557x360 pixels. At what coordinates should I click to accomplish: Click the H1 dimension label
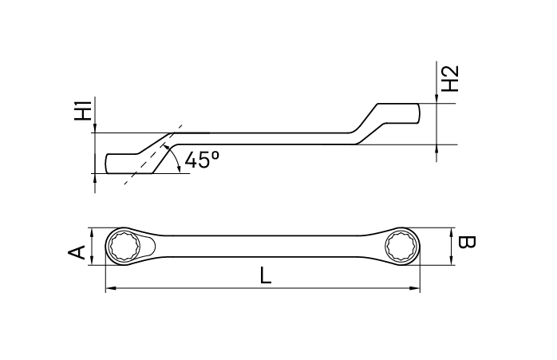click(81, 110)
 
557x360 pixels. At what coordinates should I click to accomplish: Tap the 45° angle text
click(201, 160)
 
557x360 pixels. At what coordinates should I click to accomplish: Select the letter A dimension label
click(77, 253)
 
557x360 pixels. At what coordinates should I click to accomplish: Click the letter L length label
click(266, 276)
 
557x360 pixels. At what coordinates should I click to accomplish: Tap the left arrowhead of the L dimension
click(109, 288)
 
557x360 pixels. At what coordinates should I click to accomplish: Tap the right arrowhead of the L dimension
click(417, 288)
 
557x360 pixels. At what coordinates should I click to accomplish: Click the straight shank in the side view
click(271, 138)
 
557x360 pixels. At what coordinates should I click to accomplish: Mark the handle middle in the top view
click(263, 247)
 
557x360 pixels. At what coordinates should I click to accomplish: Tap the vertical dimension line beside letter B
click(452, 247)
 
